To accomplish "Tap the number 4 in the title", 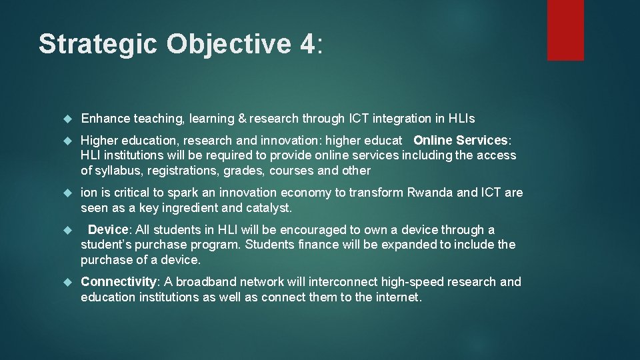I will tap(306, 44).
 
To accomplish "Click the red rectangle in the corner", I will tap(565, 30).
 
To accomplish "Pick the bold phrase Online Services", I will tap(461, 141).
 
